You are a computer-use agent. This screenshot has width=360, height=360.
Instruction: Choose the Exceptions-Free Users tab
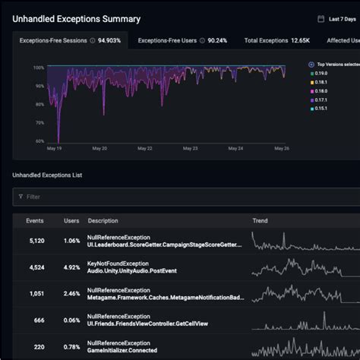(x=182, y=40)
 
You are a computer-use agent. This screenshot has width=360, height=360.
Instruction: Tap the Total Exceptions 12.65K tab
(x=277, y=40)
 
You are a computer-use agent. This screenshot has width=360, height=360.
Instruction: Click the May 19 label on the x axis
(x=55, y=148)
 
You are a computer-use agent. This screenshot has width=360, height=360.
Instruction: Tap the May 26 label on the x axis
(x=282, y=148)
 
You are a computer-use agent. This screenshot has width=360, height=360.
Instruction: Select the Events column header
(x=35, y=221)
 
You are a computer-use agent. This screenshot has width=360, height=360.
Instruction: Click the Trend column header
(x=260, y=221)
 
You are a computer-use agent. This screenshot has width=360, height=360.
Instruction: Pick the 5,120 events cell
(x=36, y=241)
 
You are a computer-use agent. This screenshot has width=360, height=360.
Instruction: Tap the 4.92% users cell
(x=71, y=267)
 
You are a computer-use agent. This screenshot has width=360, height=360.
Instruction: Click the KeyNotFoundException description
(x=118, y=263)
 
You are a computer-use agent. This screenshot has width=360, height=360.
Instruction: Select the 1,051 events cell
(x=36, y=293)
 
